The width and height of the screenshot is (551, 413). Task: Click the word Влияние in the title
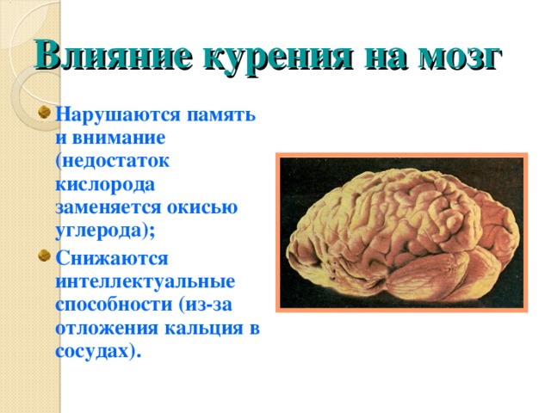(114, 56)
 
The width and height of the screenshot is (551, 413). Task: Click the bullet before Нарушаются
(44, 113)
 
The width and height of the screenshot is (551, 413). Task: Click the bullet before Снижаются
(44, 256)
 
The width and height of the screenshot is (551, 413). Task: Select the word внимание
(119, 138)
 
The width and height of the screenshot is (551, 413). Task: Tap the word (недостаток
(113, 162)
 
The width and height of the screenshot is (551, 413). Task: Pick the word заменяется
(108, 207)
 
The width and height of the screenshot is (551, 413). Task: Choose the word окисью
(202, 207)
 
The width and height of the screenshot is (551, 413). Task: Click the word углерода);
(105, 231)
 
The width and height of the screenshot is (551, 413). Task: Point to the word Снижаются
(112, 258)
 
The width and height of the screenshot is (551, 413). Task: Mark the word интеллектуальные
(145, 281)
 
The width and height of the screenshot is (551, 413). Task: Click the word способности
(114, 305)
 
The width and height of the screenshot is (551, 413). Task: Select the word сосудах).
(98, 352)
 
